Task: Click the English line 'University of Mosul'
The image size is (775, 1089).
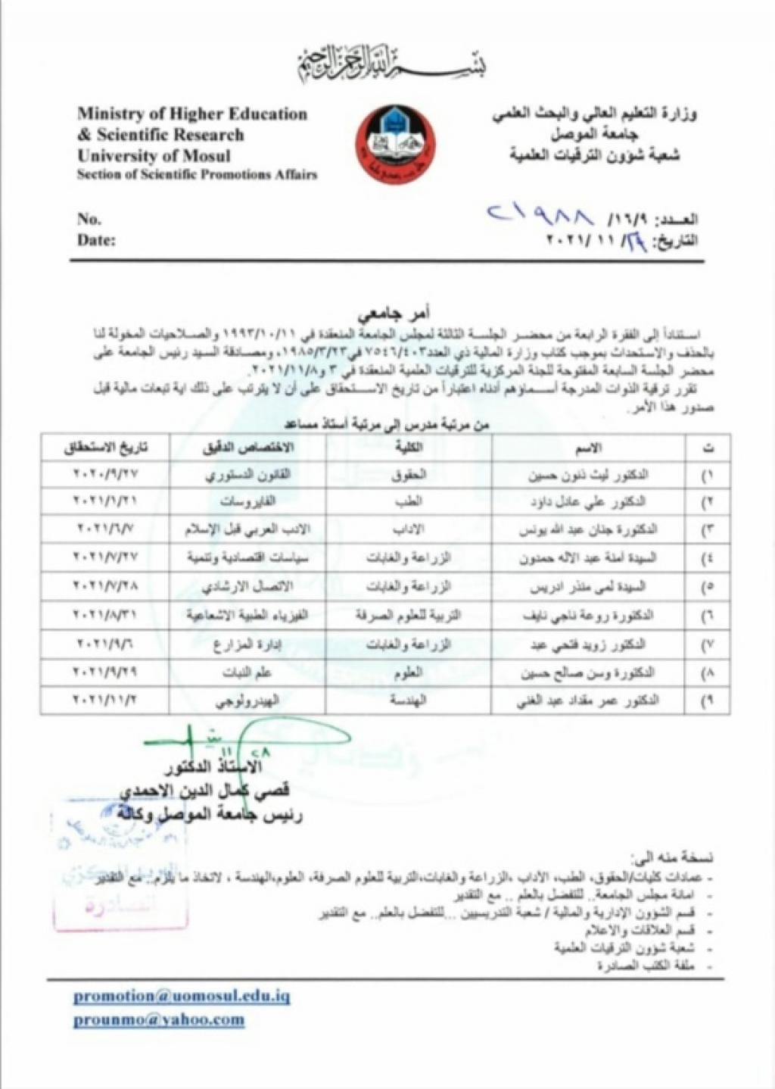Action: [154, 156]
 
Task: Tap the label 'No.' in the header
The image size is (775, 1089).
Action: [89, 219]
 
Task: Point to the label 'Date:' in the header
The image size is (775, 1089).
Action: [96, 240]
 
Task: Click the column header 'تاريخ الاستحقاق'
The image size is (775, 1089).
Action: [106, 448]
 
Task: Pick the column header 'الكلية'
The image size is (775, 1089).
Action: [409, 448]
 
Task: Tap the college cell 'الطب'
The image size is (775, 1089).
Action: [409, 501]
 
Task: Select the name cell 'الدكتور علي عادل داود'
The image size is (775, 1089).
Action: [589, 501]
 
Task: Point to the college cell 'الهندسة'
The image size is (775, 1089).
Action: [409, 701]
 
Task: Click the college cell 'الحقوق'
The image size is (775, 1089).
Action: [409, 476]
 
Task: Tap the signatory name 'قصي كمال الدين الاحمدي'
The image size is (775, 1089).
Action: [212, 793]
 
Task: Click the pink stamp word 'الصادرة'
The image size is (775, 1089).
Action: [117, 906]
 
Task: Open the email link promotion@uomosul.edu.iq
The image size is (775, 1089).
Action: [182, 996]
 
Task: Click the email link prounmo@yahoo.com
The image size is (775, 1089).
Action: [159, 1020]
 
